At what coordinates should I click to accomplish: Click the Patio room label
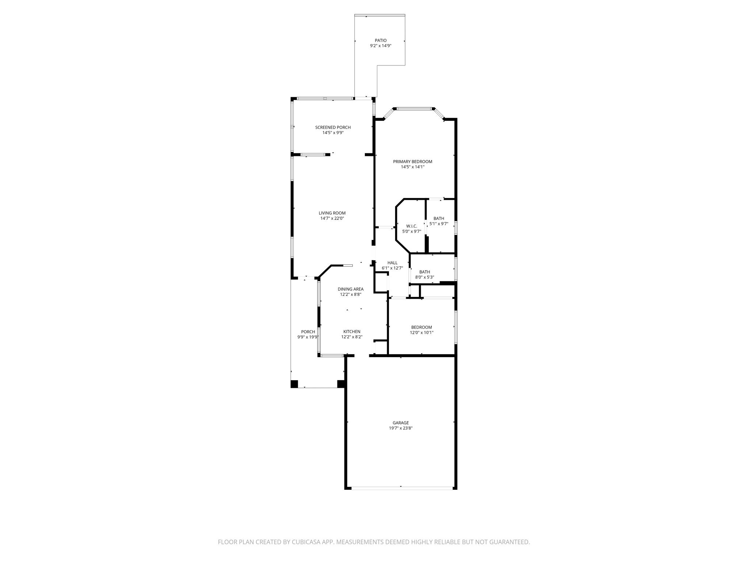(381, 41)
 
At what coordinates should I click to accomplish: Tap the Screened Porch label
(333, 127)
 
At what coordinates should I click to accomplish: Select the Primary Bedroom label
(412, 161)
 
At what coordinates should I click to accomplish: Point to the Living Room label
(332, 213)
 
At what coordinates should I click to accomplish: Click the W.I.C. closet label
(412, 226)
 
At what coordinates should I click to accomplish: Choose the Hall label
(392, 263)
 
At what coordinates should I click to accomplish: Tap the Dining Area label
(350, 289)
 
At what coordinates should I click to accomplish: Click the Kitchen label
(352, 332)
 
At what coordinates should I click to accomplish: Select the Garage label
(401, 423)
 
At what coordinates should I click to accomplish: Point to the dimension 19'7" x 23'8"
(401, 428)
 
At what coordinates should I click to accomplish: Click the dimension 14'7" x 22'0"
(332, 218)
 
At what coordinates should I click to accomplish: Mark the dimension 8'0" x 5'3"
(424, 277)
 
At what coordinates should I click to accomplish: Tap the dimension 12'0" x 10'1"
(421, 333)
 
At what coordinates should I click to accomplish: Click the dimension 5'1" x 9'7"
(439, 224)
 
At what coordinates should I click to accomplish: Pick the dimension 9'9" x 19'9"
(308, 337)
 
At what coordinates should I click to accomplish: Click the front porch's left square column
(294, 384)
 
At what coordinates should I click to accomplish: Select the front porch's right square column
(341, 384)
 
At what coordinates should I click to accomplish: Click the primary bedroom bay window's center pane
(414, 108)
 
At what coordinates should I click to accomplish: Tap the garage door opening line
(401, 487)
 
